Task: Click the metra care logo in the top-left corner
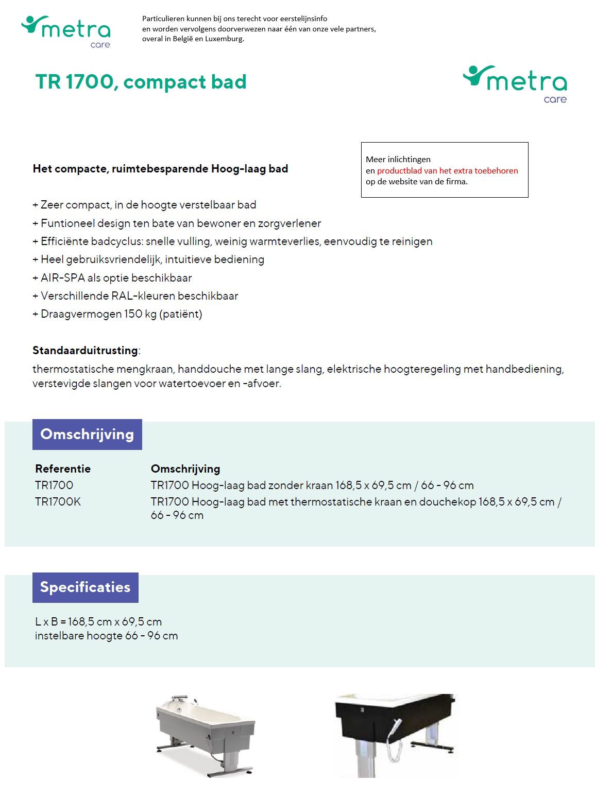(x=66, y=31)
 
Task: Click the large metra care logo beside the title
(x=515, y=83)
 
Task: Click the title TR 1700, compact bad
(x=141, y=82)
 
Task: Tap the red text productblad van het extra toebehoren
(x=447, y=170)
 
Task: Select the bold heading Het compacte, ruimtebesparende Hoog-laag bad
(x=160, y=169)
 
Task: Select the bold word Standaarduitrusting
(x=85, y=351)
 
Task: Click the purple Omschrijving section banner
(x=87, y=435)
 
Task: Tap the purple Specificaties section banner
(x=86, y=587)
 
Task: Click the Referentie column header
(x=63, y=469)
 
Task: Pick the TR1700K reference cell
(x=58, y=502)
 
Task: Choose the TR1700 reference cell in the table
(x=54, y=485)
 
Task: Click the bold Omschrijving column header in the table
(x=185, y=469)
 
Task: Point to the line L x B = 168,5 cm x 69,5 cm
(x=98, y=622)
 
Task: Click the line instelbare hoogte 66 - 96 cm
(x=106, y=636)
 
